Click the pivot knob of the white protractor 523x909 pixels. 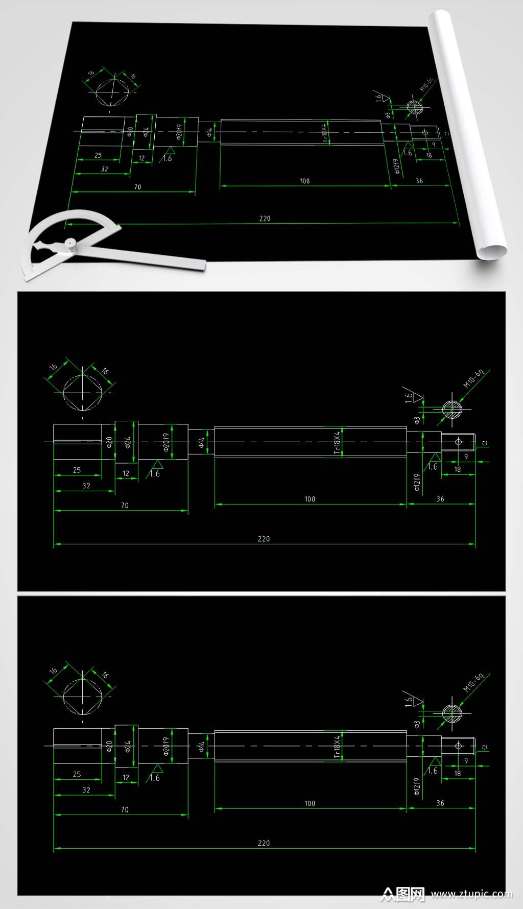click(x=70, y=245)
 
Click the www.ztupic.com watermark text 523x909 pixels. click(x=471, y=894)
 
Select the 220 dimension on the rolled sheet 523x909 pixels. click(x=265, y=219)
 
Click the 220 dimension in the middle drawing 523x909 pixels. click(x=264, y=539)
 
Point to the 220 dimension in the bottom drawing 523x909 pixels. click(x=264, y=843)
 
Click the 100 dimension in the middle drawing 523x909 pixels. click(x=310, y=499)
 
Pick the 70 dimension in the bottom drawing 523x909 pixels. click(x=125, y=809)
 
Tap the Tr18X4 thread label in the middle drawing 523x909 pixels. click(x=337, y=442)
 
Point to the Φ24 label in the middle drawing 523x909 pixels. click(x=128, y=442)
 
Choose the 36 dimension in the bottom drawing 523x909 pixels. click(x=440, y=803)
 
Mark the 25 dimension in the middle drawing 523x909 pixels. click(x=77, y=470)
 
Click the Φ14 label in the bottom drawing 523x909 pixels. click(x=202, y=747)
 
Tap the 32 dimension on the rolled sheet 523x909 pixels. click(x=105, y=169)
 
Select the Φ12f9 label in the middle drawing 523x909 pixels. click(x=417, y=482)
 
